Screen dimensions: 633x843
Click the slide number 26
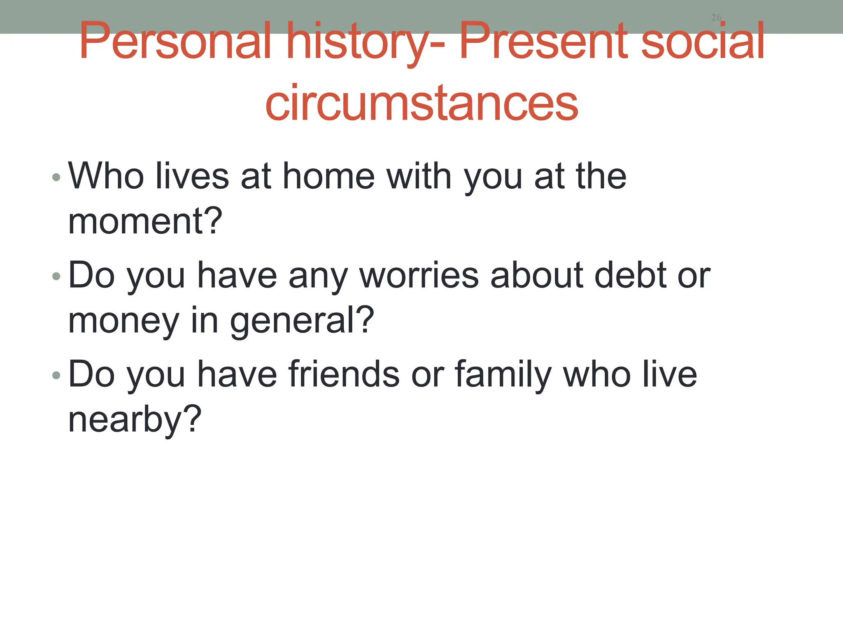[716, 17]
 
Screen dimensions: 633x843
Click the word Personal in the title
[175, 41]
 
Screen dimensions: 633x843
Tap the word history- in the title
[366, 41]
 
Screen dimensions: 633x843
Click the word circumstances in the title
[421, 103]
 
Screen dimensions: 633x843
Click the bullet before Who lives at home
[56, 178]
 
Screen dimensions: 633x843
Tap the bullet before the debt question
[56, 277]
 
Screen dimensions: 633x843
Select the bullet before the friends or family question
[56, 375]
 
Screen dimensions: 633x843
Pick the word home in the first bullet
[329, 176]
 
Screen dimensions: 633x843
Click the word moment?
[145, 221]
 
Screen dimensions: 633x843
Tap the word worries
[419, 275]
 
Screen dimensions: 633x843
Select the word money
[124, 321]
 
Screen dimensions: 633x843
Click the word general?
[302, 321]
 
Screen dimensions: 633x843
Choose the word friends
[344, 374]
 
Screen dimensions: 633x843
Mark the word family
[503, 374]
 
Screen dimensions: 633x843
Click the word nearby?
[135, 420]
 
